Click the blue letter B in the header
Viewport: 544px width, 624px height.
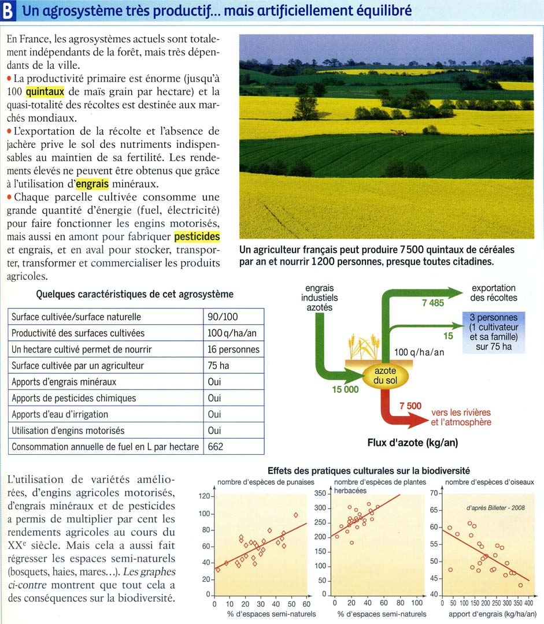coord(8,12)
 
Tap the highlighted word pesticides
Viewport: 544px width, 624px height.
coord(197,237)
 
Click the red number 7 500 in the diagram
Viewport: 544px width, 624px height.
coord(410,406)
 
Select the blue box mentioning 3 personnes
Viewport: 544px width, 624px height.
coord(493,332)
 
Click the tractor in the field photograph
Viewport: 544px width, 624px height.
coord(398,132)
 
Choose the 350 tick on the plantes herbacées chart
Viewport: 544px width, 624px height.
coord(320,493)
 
